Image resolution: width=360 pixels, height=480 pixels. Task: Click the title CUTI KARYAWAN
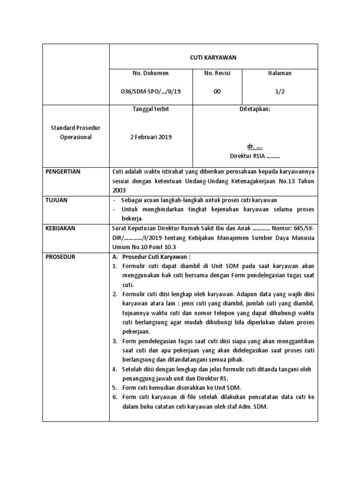pos(213,57)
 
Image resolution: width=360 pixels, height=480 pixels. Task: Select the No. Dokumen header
pos(151,73)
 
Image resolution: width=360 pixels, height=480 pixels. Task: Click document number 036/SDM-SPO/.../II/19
pos(151,92)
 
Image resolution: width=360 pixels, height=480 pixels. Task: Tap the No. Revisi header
pos(217,73)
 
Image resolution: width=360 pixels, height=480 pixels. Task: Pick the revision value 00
pos(217,92)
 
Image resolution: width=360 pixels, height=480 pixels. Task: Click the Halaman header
pos(279,73)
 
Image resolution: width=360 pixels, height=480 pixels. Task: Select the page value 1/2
pos(279,92)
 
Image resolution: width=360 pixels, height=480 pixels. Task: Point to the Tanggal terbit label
pos(151,109)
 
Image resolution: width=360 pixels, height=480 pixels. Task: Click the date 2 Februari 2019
pos(151,137)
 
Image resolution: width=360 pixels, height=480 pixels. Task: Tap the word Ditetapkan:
pos(255,109)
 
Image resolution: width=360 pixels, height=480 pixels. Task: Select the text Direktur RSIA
pos(247,156)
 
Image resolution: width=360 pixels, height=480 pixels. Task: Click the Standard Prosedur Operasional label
pos(76,133)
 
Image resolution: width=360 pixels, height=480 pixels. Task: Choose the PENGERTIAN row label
pos(63,172)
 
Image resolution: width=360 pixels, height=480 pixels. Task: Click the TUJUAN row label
pos(57,200)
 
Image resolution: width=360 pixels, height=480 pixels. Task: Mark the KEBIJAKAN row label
pos(61,228)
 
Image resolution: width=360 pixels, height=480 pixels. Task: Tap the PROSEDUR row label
pos(60,257)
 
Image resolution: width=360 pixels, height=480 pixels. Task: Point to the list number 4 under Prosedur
pos(115,369)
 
